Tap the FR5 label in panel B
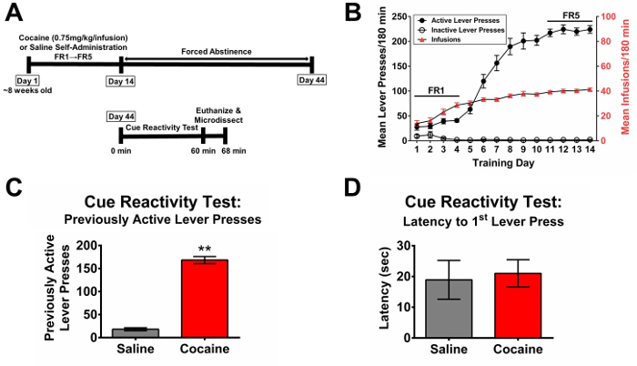pyautogui.click(x=571, y=15)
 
